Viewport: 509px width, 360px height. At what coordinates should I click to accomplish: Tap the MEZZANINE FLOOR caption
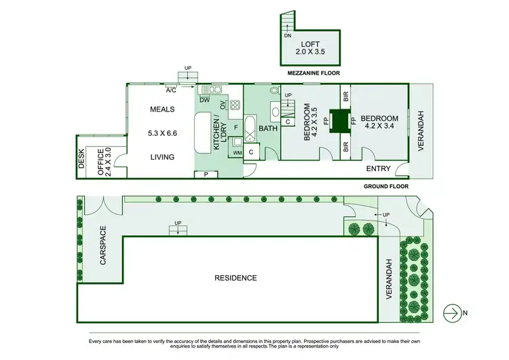312,73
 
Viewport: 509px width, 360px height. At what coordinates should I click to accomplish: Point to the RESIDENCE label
236,278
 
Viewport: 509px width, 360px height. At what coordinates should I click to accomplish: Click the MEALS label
162,109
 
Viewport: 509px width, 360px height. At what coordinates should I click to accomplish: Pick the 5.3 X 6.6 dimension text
162,133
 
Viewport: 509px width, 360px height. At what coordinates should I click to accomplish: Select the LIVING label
162,157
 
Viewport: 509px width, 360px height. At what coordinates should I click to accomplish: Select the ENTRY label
378,168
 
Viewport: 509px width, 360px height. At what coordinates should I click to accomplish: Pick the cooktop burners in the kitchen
235,105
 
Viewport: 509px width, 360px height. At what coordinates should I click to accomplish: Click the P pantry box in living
206,175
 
